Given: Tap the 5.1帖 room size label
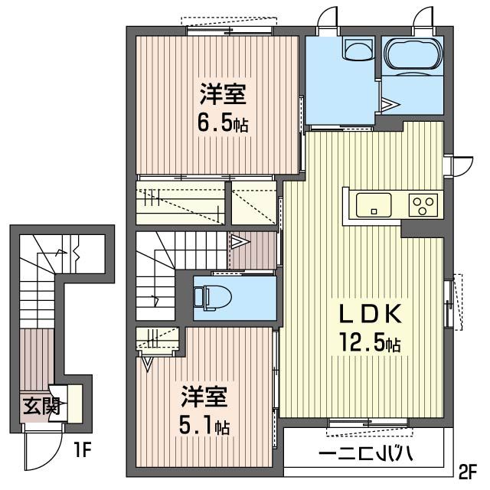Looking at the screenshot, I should click(x=205, y=426).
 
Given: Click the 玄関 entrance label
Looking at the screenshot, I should click(x=41, y=407).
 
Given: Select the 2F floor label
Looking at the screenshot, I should click(x=468, y=469).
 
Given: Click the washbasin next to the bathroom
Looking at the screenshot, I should click(x=357, y=50).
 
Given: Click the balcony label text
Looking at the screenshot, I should click(x=366, y=455).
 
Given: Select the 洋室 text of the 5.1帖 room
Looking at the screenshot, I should click(x=204, y=398).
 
